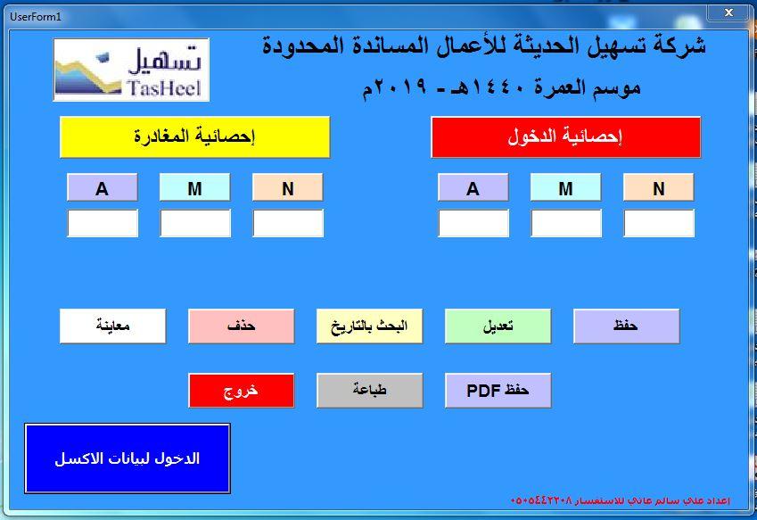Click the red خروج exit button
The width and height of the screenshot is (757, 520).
click(x=241, y=390)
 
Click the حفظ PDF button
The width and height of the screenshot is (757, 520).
click(x=498, y=390)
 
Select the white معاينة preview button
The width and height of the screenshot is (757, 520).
click(x=112, y=326)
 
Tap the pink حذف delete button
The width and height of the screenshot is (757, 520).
click(x=241, y=326)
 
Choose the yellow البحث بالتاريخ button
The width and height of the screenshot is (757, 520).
click(x=369, y=326)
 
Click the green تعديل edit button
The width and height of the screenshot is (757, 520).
click(x=498, y=326)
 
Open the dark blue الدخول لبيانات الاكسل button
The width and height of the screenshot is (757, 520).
click(x=128, y=458)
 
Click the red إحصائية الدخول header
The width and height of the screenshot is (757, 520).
click(x=565, y=137)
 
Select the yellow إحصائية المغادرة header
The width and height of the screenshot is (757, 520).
click(x=194, y=137)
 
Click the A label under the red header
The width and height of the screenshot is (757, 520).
click(x=473, y=187)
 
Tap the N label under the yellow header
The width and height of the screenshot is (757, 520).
click(x=288, y=187)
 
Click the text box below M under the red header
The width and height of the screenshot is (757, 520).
click(x=566, y=223)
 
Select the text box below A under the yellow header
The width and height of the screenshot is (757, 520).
click(x=103, y=223)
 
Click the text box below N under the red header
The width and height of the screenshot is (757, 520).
click(x=659, y=223)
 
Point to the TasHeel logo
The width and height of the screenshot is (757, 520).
click(x=131, y=70)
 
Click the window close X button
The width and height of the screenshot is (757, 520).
click(x=729, y=12)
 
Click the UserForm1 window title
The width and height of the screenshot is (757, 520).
click(x=36, y=17)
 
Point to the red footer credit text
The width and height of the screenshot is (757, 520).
click(x=620, y=500)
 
